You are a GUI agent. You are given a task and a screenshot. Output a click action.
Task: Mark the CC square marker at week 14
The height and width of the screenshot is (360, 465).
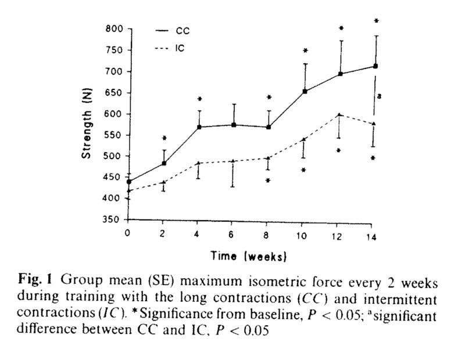[375, 66]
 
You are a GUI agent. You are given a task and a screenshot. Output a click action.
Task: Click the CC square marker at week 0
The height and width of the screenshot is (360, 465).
[128, 182]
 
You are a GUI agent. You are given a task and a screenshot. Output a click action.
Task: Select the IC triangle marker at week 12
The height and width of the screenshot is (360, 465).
[339, 115]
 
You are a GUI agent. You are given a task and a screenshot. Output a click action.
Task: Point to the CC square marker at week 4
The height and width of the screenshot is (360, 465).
[199, 127]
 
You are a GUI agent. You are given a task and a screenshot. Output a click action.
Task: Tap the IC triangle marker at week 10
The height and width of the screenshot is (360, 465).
[303, 139]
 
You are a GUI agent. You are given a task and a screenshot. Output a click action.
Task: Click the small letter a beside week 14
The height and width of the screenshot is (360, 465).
[379, 96]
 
